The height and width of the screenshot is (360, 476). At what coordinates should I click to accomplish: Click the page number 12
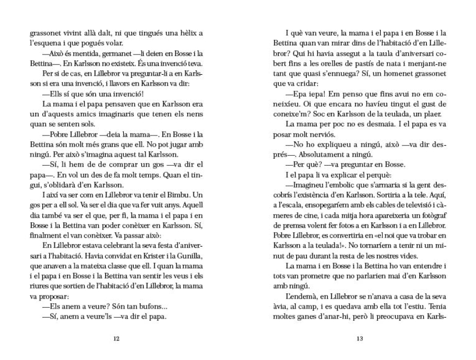116,339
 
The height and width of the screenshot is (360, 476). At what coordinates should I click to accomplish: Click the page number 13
360,339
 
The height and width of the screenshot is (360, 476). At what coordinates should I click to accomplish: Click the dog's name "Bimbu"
176,195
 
